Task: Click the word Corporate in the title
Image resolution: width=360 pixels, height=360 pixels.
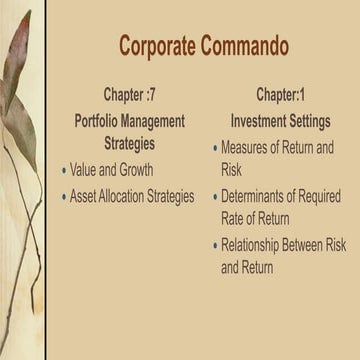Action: coord(160,46)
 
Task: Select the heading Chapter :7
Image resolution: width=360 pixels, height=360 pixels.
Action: coord(130,96)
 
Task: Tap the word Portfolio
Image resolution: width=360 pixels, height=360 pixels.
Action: coord(100,120)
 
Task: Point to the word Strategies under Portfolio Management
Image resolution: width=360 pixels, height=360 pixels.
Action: coord(130,143)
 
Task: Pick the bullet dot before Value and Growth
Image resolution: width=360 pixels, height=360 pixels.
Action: coord(64,171)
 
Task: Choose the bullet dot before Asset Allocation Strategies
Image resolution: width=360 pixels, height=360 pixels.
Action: coord(64,197)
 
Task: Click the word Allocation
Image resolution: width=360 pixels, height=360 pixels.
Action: coord(124,196)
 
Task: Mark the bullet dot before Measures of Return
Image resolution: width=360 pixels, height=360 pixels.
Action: coord(214,148)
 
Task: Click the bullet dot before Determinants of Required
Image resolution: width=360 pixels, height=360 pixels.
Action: coord(214,197)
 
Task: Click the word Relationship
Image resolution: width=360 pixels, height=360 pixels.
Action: coord(257,245)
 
